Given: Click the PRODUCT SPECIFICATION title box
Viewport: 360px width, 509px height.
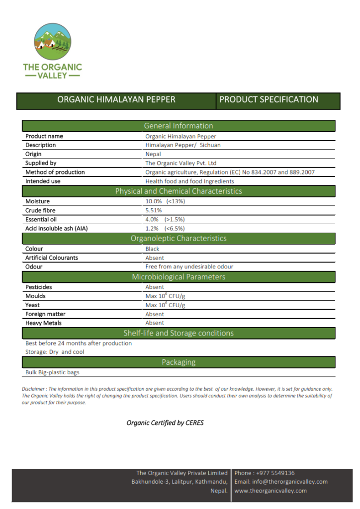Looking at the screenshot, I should pyautogui.click(x=278, y=100).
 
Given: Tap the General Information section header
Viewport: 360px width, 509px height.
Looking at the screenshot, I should pyautogui.click(x=179, y=126).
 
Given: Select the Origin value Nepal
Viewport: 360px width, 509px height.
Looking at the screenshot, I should pyautogui.click(x=153, y=154).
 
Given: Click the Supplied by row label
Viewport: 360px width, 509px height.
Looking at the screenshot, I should pyautogui.click(x=41, y=163).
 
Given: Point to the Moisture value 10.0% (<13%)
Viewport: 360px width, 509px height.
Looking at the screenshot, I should pyautogui.click(x=165, y=201).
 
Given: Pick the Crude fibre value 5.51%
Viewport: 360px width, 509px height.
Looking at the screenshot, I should pyautogui.click(x=154, y=210).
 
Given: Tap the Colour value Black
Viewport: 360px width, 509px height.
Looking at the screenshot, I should pyautogui.click(x=152, y=249).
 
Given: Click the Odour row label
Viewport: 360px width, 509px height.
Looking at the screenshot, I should pyautogui.click(x=34, y=267).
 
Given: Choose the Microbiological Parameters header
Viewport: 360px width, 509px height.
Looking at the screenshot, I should pyautogui.click(x=179, y=277).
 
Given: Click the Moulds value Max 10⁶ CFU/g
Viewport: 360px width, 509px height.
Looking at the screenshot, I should pyautogui.click(x=165, y=296).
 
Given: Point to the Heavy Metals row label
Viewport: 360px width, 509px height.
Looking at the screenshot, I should pyautogui.click(x=44, y=323).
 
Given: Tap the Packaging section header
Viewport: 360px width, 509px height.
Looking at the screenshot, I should pyautogui.click(x=179, y=362).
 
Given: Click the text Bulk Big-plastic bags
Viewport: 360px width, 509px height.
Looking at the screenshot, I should pyautogui.click(x=52, y=372).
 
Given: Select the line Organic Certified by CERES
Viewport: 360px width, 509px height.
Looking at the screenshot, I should pyautogui.click(x=165, y=423).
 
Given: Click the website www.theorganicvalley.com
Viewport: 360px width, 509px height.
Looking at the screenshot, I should pyautogui.click(x=270, y=491).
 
